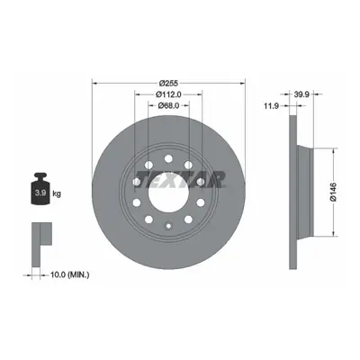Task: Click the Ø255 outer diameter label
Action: tap(168, 83)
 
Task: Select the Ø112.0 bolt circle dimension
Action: tap(168, 94)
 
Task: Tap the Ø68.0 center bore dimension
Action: tap(168, 105)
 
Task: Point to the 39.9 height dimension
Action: tap(301, 94)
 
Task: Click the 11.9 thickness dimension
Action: tap(272, 105)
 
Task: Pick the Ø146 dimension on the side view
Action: tap(333, 192)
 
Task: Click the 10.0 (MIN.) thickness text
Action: tap(69, 274)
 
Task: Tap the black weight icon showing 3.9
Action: tap(40, 189)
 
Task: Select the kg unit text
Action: tap(57, 193)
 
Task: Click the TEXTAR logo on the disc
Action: tap(181, 179)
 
